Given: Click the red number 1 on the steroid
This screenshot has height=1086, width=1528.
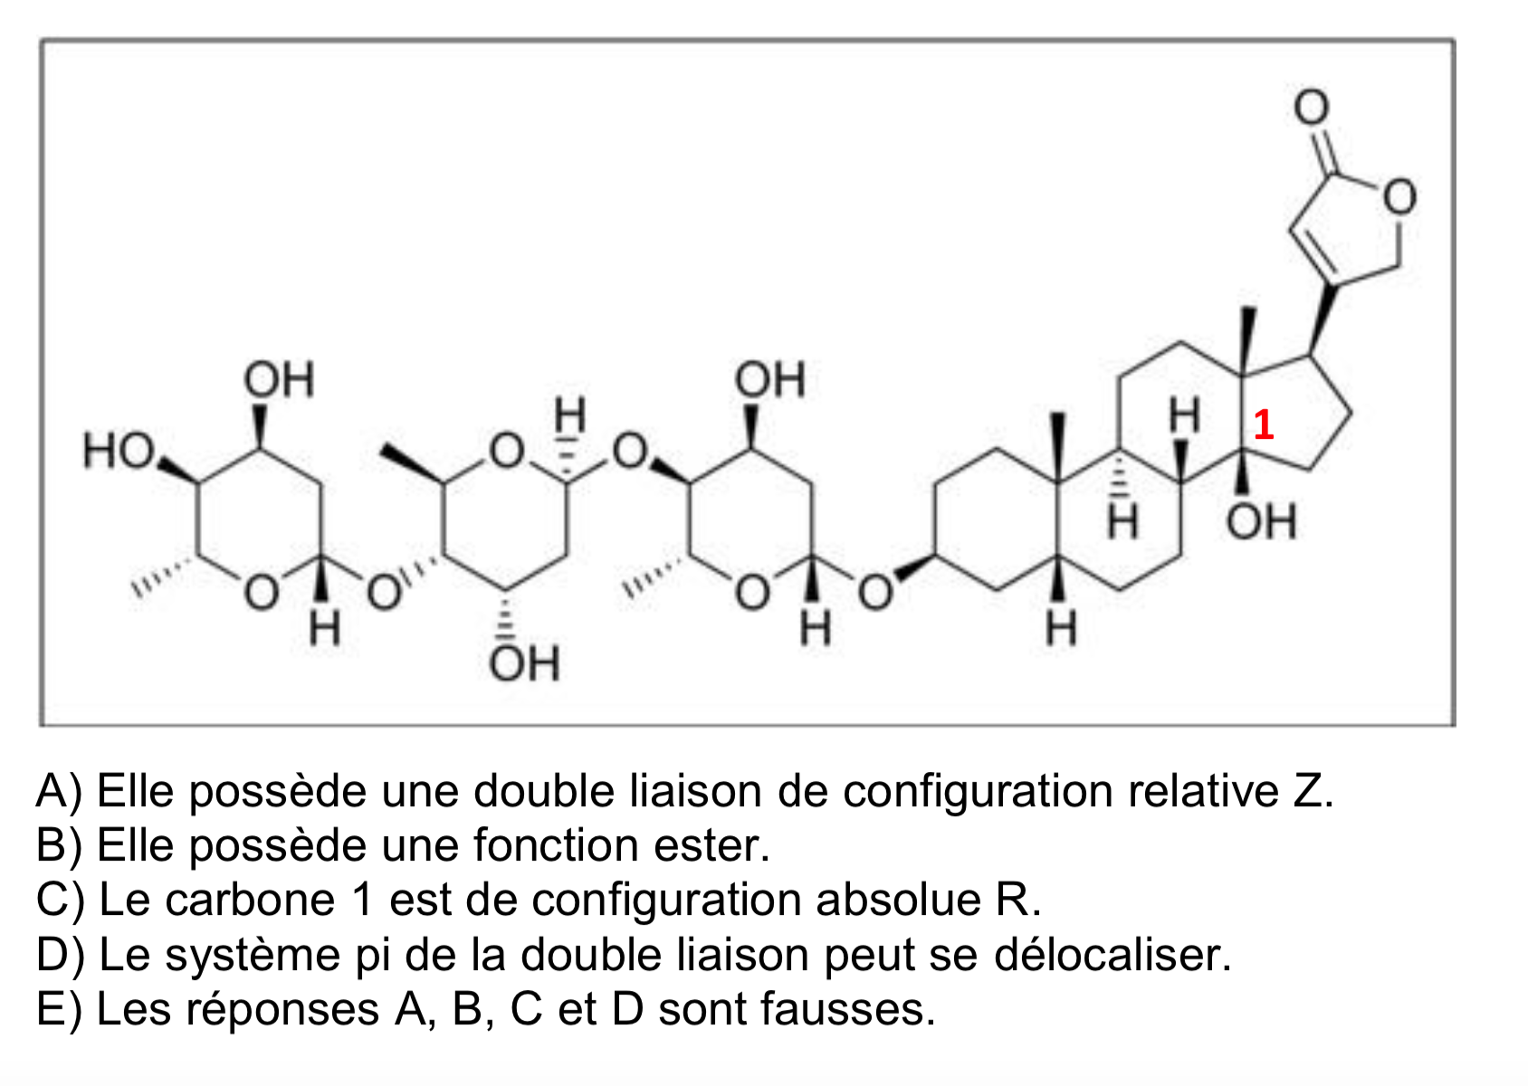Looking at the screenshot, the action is click(x=1264, y=424).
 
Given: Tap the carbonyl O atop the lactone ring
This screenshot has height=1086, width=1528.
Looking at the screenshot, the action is click(x=1311, y=107).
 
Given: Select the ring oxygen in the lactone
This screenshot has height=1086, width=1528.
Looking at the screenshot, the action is click(x=1399, y=197).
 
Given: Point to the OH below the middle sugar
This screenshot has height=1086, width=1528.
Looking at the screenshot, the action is click(x=524, y=662).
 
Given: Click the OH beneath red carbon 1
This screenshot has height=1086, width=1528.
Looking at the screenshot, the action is click(x=1261, y=522).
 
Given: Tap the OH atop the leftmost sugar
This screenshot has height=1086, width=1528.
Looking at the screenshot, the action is click(x=279, y=379).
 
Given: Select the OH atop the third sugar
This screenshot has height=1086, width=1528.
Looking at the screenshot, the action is click(x=770, y=379).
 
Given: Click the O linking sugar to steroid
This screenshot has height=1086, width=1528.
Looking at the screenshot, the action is click(x=875, y=591).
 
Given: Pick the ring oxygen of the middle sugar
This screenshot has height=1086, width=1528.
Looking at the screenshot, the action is click(x=506, y=451).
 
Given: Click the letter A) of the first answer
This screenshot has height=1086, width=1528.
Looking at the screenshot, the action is click(x=60, y=791).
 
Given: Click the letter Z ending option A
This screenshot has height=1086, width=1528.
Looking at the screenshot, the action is click(x=1312, y=791).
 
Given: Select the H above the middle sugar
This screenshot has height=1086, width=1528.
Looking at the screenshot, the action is click(x=569, y=414).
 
